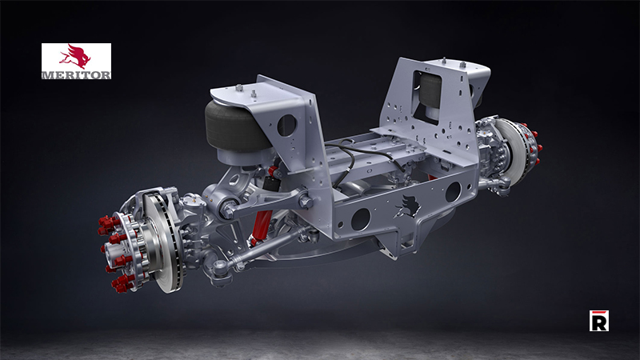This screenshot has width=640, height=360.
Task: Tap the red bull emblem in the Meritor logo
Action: (76, 57)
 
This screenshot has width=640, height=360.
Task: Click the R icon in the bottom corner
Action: (598, 321)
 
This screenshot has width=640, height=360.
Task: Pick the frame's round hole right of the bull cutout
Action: (452, 192)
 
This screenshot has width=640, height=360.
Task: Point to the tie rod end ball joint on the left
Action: (219, 268)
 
